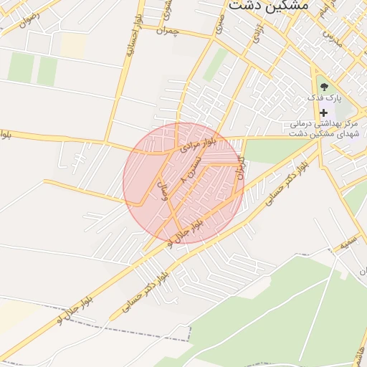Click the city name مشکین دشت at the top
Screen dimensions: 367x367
[x=268, y=6]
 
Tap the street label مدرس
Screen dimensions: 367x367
[x=330, y=34]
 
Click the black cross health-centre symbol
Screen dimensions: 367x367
[x=323, y=113]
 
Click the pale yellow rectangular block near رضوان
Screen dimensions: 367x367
[x=72, y=44]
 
